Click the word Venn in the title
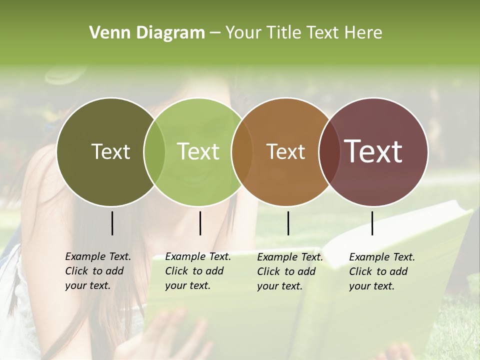click(106, 33)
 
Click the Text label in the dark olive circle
click(110, 151)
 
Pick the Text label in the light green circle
click(198, 151)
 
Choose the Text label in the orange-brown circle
click(285, 151)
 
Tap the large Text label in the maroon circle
click(373, 151)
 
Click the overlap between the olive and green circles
click(154, 151)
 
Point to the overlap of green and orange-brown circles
click(241, 151)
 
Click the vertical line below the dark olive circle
click(112, 223)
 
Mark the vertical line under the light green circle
click(200, 223)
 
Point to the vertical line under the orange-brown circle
click(288, 223)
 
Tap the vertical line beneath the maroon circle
click(372, 223)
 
